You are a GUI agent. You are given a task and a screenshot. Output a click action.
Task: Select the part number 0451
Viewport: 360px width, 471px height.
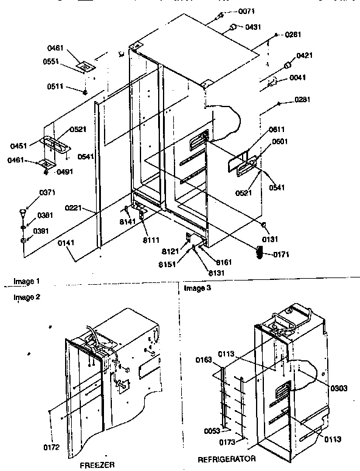tap(19, 145)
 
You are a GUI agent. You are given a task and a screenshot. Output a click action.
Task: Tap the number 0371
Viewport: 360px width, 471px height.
tap(30, 193)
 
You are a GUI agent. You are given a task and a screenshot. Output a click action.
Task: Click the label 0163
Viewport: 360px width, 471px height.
tap(205, 360)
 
